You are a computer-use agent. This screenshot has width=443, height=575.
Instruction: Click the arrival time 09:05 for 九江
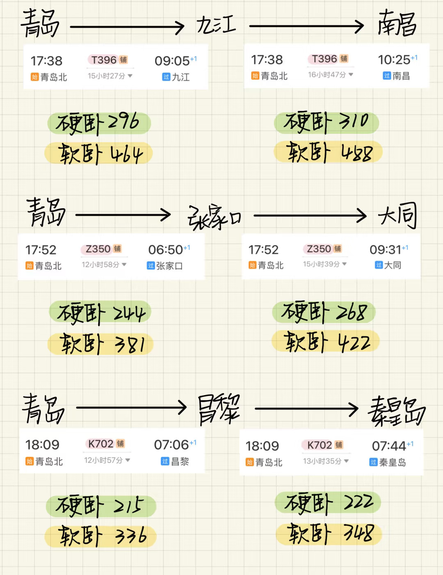coord(172,61)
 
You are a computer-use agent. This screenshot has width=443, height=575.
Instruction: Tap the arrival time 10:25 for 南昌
coord(394,60)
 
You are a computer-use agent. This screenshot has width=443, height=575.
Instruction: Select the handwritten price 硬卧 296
coord(98,123)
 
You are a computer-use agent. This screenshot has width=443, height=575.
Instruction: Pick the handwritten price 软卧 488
coord(329,152)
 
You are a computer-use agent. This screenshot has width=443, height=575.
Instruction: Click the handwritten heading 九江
coord(216,25)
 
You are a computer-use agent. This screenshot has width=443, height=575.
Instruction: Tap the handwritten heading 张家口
coord(214,216)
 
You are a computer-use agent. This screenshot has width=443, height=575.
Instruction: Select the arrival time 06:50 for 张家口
coord(166,250)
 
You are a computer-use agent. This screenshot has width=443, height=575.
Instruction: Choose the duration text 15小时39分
coord(322,264)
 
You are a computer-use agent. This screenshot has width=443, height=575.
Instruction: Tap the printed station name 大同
coord(393,265)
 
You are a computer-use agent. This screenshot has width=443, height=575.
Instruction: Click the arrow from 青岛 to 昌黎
coord(131,408)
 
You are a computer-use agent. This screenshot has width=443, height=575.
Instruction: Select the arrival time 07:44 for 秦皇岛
coord(389,446)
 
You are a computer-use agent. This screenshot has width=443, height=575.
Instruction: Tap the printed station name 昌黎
coord(180,462)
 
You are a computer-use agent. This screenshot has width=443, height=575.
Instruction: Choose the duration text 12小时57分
coord(103,460)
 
